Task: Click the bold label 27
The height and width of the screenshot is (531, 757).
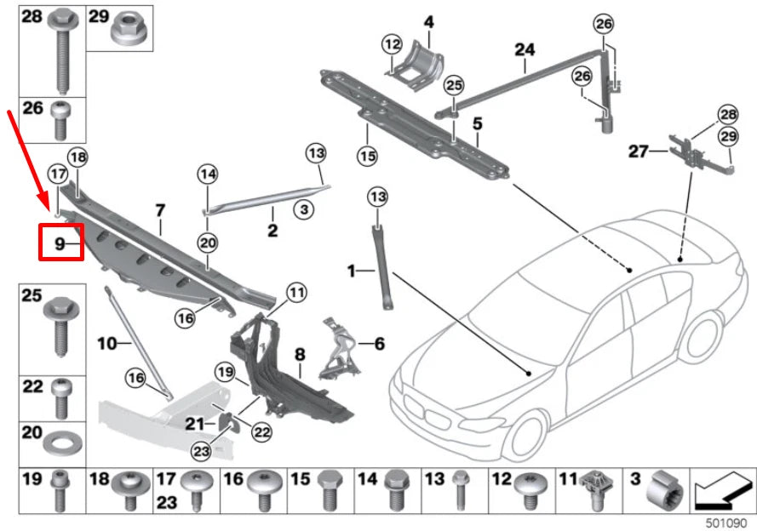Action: [639, 151]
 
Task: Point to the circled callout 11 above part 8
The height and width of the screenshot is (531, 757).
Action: [295, 293]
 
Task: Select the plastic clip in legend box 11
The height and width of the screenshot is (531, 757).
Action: [594, 489]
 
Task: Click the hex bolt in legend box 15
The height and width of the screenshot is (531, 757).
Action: [330, 489]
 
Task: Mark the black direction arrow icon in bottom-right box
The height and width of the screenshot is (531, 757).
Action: [721, 490]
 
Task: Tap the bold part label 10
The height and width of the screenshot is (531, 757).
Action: [107, 345]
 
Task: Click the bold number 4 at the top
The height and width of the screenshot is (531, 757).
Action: [428, 20]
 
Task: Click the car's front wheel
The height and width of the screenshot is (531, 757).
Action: [520, 435]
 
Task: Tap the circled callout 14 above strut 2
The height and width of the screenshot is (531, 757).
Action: [208, 174]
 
